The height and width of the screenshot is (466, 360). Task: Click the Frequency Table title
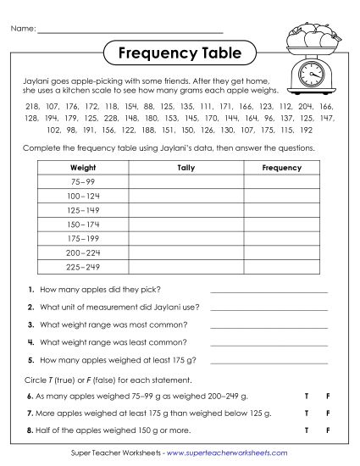click(x=179, y=53)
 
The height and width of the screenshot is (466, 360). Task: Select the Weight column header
click(x=82, y=168)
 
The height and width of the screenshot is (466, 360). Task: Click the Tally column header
click(x=186, y=168)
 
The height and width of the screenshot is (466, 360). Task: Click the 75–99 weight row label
click(x=82, y=182)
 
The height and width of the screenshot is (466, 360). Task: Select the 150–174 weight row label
click(x=82, y=224)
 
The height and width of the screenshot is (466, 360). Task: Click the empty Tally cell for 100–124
click(x=186, y=196)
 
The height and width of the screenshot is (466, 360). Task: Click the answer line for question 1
click(x=269, y=290)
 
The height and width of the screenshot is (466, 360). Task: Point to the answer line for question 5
click(x=269, y=360)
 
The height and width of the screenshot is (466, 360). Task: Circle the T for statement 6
click(x=306, y=397)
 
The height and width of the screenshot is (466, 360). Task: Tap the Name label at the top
click(x=23, y=30)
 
